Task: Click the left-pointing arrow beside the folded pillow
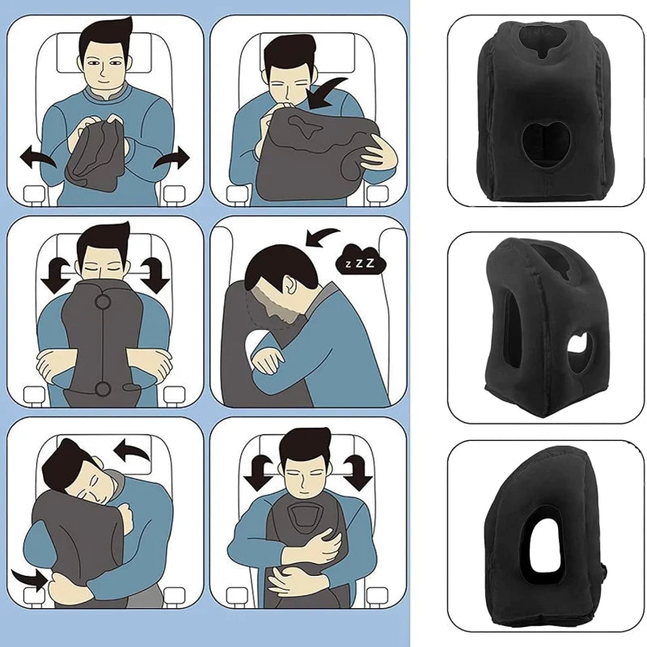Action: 36,156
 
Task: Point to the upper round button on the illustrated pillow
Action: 104,304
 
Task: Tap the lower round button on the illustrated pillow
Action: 104,390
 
